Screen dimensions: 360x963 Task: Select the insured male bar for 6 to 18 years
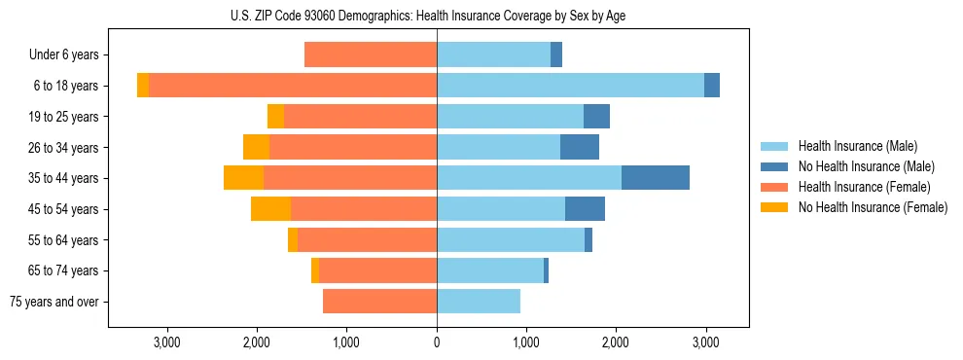[x=570, y=86]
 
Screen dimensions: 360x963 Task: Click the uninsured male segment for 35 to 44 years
[x=655, y=178]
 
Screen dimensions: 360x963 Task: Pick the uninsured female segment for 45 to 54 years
[x=270, y=209]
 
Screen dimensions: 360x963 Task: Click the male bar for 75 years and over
[x=479, y=302]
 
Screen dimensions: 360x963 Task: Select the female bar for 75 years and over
[x=379, y=302]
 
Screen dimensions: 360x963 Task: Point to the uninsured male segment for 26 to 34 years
[x=579, y=147]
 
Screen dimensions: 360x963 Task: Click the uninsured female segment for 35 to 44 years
[x=243, y=178]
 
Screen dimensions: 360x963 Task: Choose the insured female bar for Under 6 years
[x=371, y=54]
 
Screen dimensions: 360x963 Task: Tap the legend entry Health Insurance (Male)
[x=857, y=146]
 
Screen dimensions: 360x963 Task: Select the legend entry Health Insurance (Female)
[x=864, y=187]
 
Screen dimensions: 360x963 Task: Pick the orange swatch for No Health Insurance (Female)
[x=774, y=207]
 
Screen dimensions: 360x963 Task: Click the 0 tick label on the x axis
[x=437, y=342]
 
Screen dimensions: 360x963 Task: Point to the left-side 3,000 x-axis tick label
[x=167, y=342]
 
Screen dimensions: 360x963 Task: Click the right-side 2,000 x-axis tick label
[x=616, y=342]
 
